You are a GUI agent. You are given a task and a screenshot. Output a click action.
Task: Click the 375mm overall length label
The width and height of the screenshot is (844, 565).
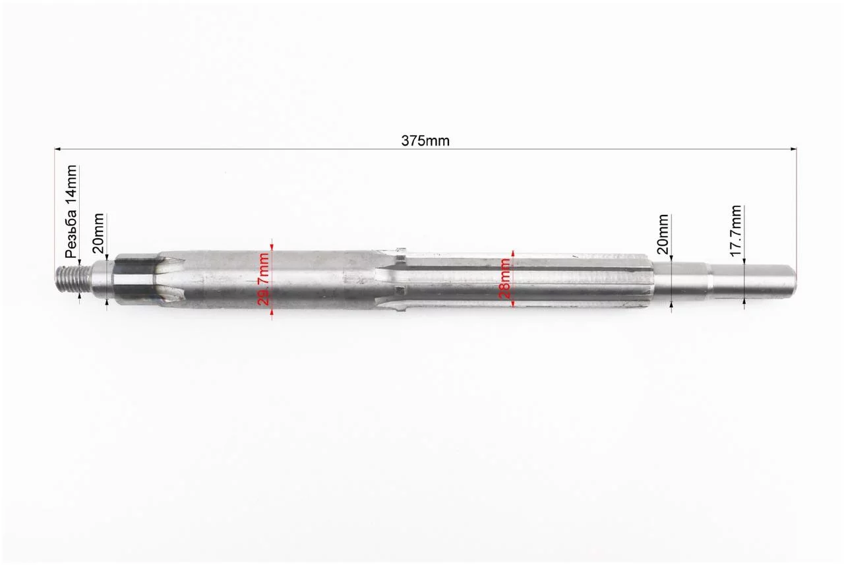[x=425, y=141]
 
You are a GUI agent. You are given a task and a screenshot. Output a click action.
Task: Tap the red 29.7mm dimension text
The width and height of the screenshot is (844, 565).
[x=264, y=279]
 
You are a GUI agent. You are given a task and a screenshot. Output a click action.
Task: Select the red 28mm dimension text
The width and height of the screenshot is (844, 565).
[x=505, y=279]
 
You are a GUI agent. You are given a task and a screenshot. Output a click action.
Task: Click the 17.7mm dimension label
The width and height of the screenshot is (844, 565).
[x=735, y=231]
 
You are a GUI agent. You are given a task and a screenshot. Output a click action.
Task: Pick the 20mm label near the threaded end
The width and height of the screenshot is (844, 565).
[x=98, y=233]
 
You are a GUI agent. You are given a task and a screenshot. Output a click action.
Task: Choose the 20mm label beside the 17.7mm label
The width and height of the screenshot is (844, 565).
[x=663, y=234]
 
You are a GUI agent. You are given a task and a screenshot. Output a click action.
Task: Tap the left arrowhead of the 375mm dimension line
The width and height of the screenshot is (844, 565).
[x=58, y=149]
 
